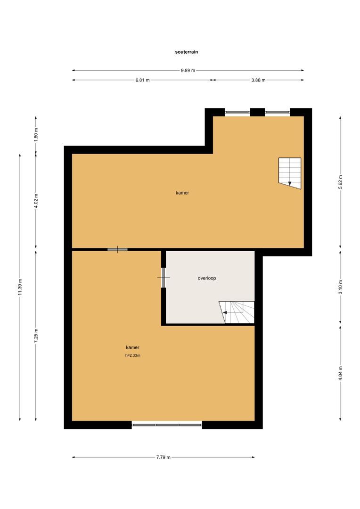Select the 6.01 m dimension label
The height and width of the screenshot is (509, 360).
142,80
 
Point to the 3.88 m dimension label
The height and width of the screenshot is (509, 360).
258,80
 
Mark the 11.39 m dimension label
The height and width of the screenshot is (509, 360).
20,287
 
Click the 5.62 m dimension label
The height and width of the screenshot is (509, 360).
341,181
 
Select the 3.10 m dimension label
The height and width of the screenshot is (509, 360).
341,287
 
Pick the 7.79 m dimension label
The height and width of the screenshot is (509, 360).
163,457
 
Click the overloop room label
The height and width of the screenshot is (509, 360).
207,278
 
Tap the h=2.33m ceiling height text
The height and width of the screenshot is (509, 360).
133,356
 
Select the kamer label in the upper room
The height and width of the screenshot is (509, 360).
182,193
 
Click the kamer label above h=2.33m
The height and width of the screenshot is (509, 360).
132,347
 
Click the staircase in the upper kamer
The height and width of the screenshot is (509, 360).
289,172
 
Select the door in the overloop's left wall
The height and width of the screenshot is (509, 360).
164,278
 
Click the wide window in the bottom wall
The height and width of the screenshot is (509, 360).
167,425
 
